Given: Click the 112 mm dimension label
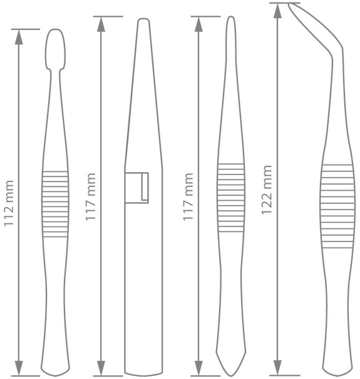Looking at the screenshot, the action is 9,203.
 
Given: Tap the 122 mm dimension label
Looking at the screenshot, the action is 267,190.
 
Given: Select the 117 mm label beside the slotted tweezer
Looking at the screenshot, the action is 91,196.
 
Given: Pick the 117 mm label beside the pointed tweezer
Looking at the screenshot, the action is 188,196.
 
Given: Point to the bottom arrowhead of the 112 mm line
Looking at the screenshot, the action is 19,368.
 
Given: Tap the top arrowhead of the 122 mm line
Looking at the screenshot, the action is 277,11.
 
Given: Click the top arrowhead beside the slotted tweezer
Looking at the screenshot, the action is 101,24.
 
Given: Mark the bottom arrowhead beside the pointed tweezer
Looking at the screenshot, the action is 198,368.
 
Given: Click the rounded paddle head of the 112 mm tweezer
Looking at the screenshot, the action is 55,49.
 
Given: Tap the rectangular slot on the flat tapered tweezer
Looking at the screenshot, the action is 136,188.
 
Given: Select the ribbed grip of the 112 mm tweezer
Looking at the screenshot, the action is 55,204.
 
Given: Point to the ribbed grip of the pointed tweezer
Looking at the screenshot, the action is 231,198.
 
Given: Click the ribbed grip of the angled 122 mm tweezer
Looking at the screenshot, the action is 337,206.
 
